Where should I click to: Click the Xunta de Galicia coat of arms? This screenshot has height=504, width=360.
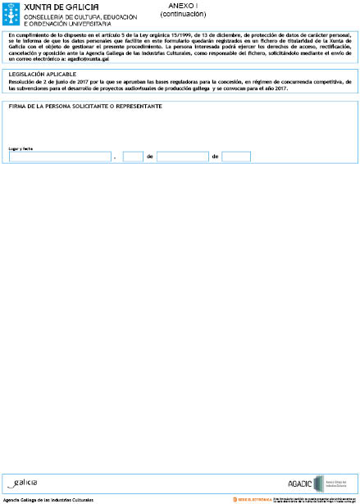(11, 14)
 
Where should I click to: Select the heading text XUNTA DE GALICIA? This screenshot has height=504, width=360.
(55, 7)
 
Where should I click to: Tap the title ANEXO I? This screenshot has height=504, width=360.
(182, 6)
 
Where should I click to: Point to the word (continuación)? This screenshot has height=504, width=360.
(182, 14)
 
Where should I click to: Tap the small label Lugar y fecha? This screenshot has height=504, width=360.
(21, 148)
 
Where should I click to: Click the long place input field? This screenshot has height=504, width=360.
(60, 157)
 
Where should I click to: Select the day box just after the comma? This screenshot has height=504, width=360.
(133, 157)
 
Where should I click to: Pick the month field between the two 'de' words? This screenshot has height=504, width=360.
(182, 157)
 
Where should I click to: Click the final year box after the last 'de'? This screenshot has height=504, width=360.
(236, 157)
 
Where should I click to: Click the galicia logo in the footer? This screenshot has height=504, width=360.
(23, 483)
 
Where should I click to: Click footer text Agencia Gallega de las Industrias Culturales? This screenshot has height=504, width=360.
(48, 499)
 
